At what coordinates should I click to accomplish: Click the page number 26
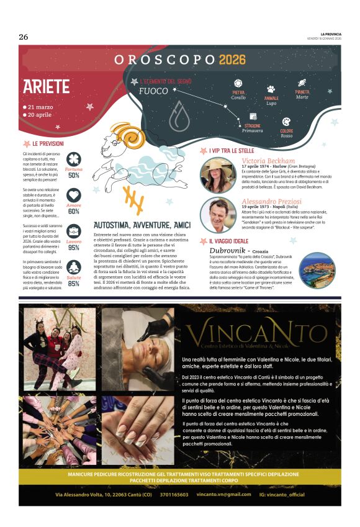point(24,37)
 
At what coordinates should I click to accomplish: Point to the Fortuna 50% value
point(74,175)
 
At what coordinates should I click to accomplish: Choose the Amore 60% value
point(74,211)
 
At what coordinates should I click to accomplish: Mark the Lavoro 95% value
point(74,247)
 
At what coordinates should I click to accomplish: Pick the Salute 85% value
point(74,283)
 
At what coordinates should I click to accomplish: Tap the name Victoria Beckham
point(268,160)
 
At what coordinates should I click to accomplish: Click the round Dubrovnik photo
point(318,270)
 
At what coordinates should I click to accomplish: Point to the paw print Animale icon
point(271,89)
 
